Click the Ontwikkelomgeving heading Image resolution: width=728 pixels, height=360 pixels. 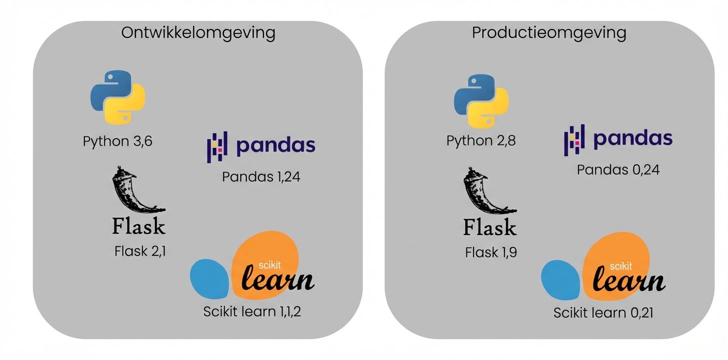198,33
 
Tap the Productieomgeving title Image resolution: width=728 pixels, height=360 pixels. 549,33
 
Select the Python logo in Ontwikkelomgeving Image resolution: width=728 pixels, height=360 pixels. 117,97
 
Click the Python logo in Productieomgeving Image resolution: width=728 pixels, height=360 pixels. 481,100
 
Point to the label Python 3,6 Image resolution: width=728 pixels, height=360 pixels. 117,141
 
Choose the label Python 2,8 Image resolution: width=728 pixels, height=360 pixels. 481,140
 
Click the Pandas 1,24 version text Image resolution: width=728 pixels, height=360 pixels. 261,176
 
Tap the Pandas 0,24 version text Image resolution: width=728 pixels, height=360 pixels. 618,170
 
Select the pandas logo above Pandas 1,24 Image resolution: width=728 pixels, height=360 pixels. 261,146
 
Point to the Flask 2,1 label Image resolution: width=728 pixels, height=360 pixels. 140,250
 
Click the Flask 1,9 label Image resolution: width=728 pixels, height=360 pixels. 491,252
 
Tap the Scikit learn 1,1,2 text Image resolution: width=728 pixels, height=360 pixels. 252,311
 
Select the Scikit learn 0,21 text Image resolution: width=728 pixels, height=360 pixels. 603,313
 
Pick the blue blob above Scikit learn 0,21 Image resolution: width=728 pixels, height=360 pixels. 561,279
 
